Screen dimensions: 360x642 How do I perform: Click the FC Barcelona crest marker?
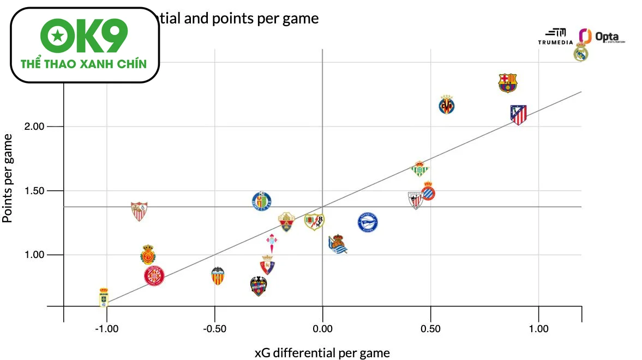pos(508,83)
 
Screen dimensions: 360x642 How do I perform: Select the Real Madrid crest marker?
pos(581,53)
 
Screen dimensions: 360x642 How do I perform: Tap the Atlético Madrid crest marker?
pos(518,115)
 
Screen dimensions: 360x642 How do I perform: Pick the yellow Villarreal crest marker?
pos(447,105)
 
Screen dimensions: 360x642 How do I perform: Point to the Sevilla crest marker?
pos(139,210)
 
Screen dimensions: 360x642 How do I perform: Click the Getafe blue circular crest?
pos(262,202)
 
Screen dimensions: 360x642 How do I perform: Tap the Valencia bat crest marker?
pos(218,275)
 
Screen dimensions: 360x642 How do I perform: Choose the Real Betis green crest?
pos(419,169)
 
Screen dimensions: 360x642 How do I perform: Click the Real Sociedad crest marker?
pos(338,244)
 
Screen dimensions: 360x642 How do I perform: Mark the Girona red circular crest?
pos(154,276)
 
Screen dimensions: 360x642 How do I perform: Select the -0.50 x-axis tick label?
pos(214,329)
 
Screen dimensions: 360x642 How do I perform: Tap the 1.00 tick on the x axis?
pos(538,329)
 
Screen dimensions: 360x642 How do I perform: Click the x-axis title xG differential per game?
pos(322,353)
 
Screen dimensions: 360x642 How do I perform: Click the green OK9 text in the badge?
pos(85,37)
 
